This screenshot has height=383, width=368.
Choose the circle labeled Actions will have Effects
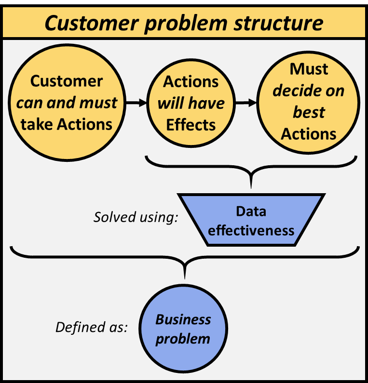(x=191, y=103)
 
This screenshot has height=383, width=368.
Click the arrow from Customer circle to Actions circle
(x=136, y=103)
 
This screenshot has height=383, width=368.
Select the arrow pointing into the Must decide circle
(x=246, y=103)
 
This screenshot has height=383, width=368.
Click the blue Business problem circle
(x=183, y=329)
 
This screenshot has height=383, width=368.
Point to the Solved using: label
(x=136, y=217)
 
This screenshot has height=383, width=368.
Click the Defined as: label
(x=92, y=328)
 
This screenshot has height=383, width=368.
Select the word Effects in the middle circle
(x=191, y=125)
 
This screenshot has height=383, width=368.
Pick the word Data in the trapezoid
(x=251, y=211)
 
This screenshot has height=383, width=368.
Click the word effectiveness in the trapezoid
(x=251, y=230)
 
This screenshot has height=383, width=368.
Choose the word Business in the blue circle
(x=183, y=319)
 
